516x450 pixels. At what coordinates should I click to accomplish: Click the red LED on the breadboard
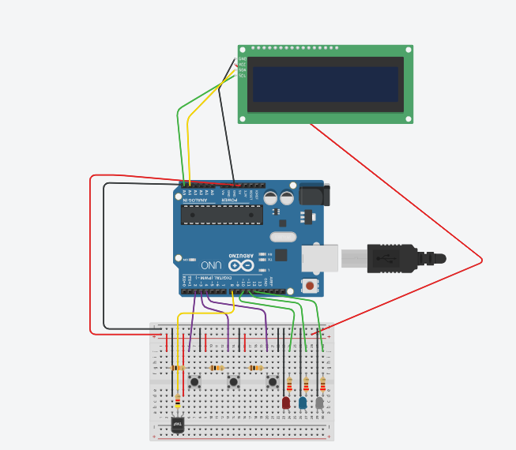tap(286, 403)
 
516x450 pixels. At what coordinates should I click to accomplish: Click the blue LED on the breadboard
tap(303, 403)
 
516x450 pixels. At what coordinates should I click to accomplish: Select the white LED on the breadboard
tap(319, 403)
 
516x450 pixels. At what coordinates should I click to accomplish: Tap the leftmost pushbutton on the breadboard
tap(194, 382)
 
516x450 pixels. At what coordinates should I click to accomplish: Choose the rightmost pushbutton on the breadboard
tap(273, 382)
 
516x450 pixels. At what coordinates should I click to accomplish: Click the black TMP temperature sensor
tap(178, 426)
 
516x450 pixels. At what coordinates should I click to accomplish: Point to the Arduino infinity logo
tap(236, 265)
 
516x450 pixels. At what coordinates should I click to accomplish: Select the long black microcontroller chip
tap(221, 214)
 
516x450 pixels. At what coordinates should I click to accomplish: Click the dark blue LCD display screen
tap(325, 84)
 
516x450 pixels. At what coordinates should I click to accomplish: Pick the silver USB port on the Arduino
tap(319, 257)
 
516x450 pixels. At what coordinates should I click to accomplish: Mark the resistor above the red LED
tap(290, 385)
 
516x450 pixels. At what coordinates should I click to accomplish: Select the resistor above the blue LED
tap(306, 385)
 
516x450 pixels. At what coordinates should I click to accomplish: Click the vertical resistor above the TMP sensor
tap(177, 404)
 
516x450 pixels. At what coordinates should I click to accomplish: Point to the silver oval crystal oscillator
tap(283, 237)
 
